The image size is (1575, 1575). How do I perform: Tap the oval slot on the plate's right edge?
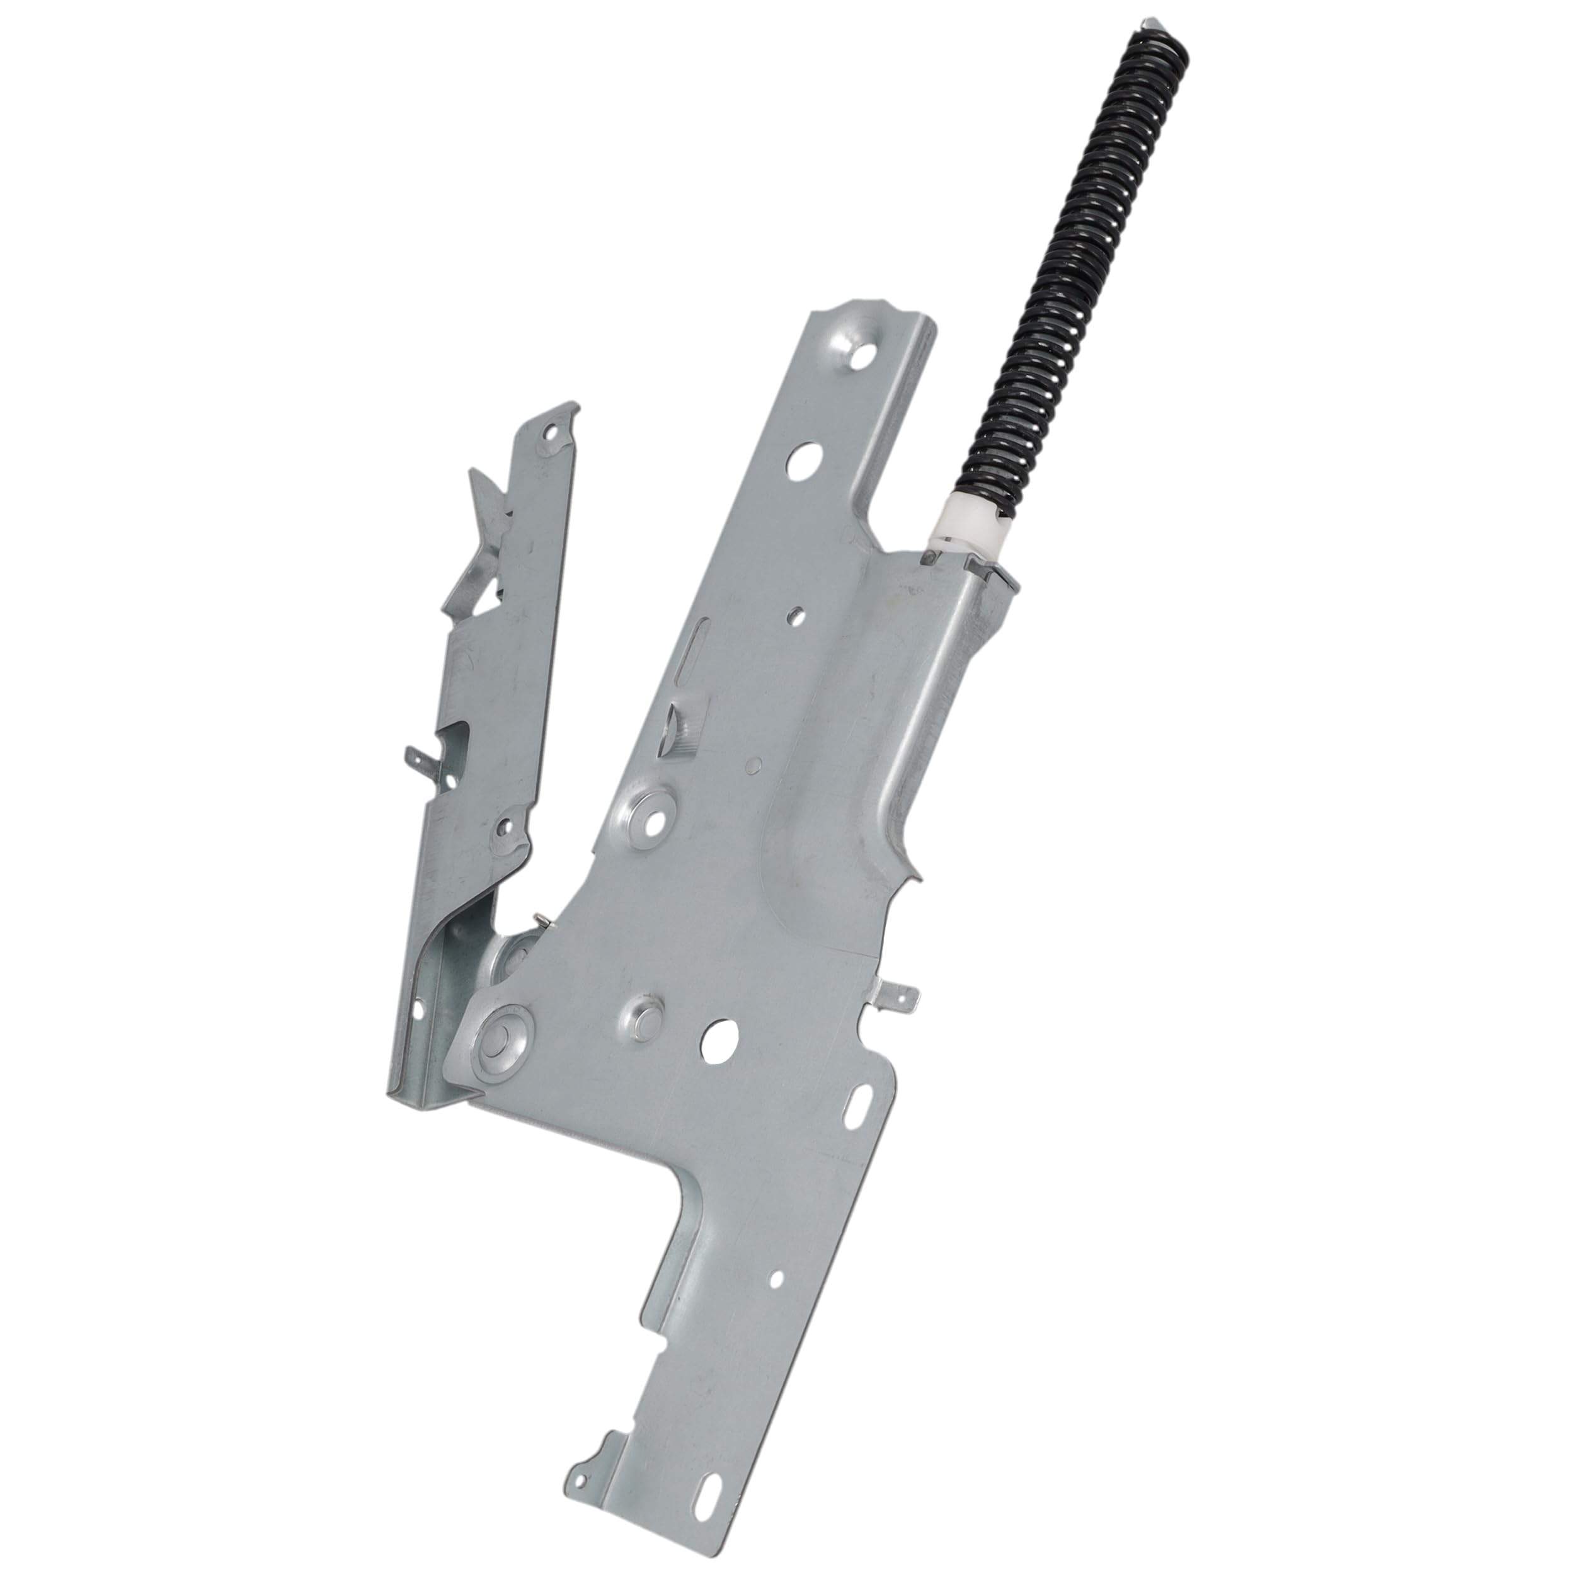[859, 1106]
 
